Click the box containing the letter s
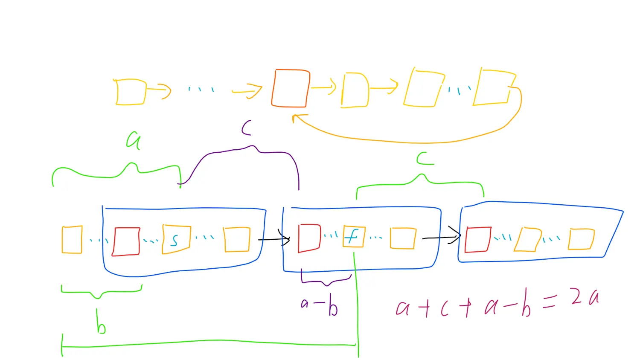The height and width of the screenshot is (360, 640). pyautogui.click(x=176, y=239)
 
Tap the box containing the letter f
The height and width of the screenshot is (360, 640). pyautogui.click(x=354, y=236)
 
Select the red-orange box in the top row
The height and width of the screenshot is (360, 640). pyautogui.click(x=290, y=88)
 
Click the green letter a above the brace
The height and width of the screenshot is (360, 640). pyautogui.click(x=133, y=139)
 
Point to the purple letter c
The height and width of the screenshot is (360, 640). pyautogui.click(x=246, y=128)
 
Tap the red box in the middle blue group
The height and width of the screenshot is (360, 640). pyautogui.click(x=309, y=238)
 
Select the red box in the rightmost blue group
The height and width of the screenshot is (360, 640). pyautogui.click(x=477, y=239)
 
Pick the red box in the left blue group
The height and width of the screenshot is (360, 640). pyautogui.click(x=126, y=241)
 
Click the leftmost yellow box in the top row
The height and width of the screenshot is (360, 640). pyautogui.click(x=131, y=92)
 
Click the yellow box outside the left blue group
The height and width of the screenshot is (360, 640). pyautogui.click(x=72, y=240)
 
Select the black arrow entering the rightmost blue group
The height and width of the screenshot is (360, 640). pyautogui.click(x=441, y=237)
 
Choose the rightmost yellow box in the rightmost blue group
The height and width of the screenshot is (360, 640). pyautogui.click(x=581, y=239)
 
